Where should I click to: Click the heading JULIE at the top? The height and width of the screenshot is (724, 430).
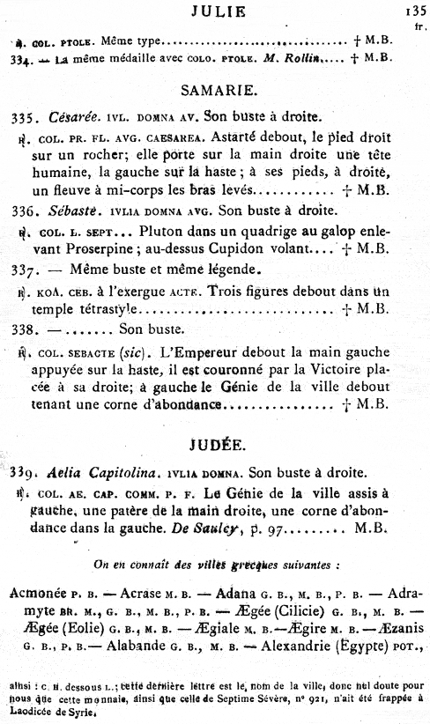(x=217, y=11)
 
